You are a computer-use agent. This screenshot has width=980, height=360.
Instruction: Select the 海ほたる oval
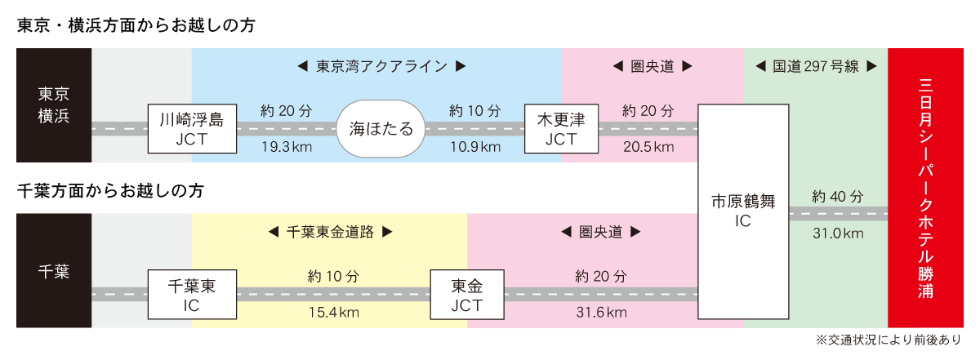pos(381,129)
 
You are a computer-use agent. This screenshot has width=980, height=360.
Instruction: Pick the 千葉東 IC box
pos(192,296)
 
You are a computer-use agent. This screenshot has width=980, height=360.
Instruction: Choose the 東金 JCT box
pos(467,296)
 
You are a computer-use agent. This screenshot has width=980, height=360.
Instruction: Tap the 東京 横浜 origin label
pos(54,104)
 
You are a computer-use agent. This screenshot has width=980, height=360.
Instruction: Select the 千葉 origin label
pos(54,271)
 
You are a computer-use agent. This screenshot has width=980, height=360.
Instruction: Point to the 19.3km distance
pos(283,147)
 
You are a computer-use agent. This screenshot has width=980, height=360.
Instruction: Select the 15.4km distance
pos(333,313)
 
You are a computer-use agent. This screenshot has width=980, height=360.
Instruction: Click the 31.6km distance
pos(600,313)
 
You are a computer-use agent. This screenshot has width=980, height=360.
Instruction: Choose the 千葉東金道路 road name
pos(331,232)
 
